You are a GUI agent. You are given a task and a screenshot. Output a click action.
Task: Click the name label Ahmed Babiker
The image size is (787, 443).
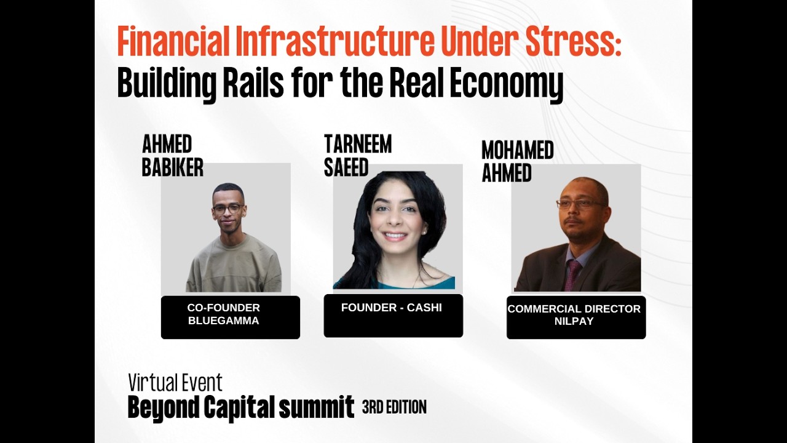[x=172, y=156]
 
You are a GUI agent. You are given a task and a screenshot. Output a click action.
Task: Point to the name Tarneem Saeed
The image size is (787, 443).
[x=357, y=156]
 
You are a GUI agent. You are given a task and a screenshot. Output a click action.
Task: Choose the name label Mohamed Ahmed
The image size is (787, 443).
[x=517, y=161]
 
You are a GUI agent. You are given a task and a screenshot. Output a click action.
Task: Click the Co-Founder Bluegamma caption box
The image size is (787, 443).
[x=230, y=317]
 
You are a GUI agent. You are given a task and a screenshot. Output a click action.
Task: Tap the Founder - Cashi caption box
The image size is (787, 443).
[x=393, y=316]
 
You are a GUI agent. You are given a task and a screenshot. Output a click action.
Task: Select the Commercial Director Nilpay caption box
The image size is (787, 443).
[x=575, y=317]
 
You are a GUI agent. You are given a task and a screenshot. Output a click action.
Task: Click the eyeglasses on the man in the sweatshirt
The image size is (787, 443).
[x=227, y=209]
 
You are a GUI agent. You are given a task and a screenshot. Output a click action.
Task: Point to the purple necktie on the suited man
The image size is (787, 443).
[x=572, y=274]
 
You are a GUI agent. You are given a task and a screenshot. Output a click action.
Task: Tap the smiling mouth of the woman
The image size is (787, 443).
[x=395, y=236]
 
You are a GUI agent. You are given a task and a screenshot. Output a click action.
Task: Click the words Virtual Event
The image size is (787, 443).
[x=175, y=383]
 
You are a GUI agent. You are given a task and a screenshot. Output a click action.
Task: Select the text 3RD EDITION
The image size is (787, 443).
[x=394, y=407]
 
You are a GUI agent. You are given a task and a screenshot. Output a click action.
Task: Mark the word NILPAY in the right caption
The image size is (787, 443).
[x=574, y=321]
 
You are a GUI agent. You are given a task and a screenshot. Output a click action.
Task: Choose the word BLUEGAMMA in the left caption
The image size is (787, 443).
[x=224, y=321]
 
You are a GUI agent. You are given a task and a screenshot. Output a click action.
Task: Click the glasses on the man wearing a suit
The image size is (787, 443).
[x=580, y=204]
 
